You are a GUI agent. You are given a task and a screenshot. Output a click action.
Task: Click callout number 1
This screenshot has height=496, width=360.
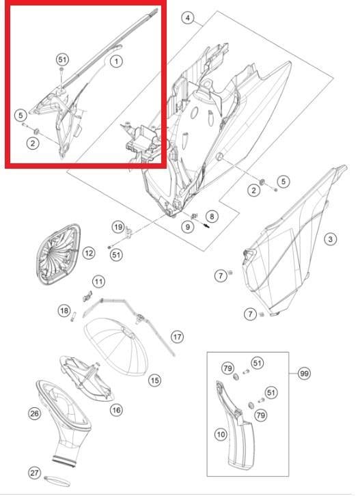(x=116, y=61)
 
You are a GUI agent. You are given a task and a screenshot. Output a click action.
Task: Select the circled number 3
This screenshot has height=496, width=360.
(x=330, y=238)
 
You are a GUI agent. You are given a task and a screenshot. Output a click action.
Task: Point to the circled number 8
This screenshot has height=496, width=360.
(x=212, y=216)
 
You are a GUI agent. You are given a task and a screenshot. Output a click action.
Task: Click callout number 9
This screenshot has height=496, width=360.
(x=186, y=226)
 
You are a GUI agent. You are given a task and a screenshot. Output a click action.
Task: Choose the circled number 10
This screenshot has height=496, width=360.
(x=221, y=433)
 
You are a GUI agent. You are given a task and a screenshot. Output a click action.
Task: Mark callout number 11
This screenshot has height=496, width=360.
(x=99, y=281)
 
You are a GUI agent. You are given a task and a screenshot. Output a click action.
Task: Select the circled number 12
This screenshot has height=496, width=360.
(x=89, y=253)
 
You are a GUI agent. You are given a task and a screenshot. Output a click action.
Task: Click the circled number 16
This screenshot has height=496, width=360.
(x=116, y=409)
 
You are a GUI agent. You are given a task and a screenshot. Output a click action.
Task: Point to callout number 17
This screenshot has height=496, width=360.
(x=177, y=337)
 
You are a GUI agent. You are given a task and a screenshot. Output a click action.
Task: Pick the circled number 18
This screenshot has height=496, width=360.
(x=64, y=312)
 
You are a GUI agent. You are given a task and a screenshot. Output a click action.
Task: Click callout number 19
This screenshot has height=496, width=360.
(x=117, y=227)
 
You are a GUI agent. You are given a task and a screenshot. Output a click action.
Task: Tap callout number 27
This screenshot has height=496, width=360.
(x=33, y=473)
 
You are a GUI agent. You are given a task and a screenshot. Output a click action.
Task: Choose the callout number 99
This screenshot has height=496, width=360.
(x=304, y=373)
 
